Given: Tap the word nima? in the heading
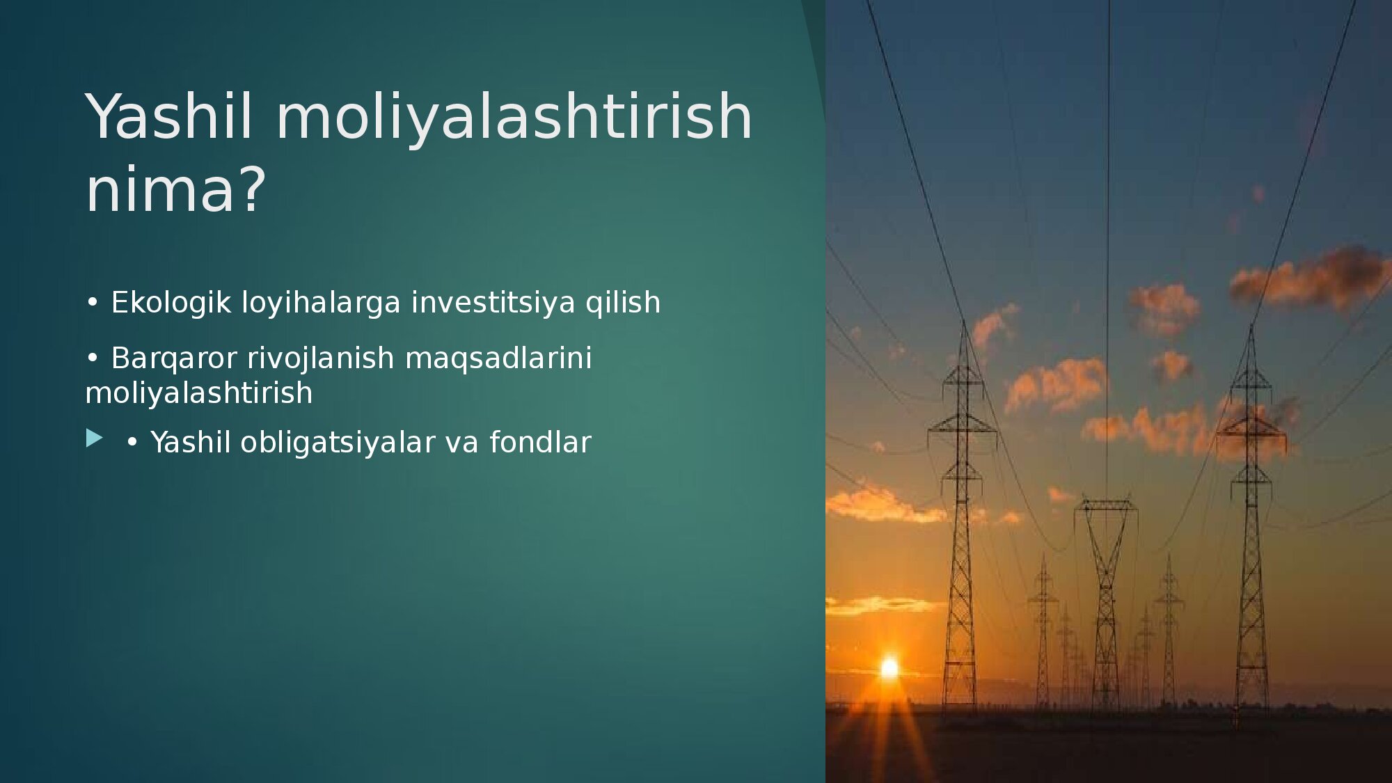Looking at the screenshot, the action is pyautogui.click(x=176, y=189).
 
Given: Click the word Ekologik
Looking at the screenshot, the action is pyautogui.click(x=171, y=303).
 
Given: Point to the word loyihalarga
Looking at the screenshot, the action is pyautogui.click(x=321, y=303).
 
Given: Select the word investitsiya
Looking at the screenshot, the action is pyautogui.click(x=493, y=302).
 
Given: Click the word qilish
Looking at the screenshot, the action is pyautogui.click(x=623, y=303).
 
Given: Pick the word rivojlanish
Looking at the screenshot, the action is pyautogui.click(x=321, y=358).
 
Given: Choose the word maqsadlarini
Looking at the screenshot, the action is pyautogui.click(x=498, y=358).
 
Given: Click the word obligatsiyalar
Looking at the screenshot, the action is pyautogui.click(x=338, y=443).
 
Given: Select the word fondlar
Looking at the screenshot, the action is pyautogui.click(x=540, y=443).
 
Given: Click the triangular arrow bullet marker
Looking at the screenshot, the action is pyautogui.click(x=94, y=438).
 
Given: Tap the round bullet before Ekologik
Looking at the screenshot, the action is pyautogui.click(x=93, y=303).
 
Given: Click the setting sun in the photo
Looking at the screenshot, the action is pyautogui.click(x=889, y=668).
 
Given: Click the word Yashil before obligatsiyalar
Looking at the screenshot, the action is pyautogui.click(x=191, y=443).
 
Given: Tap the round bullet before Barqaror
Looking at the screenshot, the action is pyautogui.click(x=93, y=358).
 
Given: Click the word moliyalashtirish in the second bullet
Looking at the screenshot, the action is pyautogui.click(x=199, y=393).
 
